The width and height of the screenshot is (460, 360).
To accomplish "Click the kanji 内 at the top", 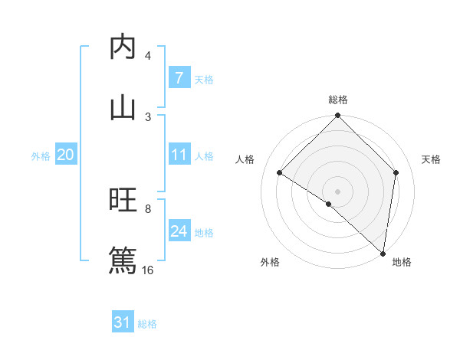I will (123, 47).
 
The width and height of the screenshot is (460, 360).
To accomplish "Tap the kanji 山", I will (123, 107).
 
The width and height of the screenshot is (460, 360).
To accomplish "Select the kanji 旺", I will (123, 201).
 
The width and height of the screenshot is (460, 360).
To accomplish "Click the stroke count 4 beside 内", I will (148, 56).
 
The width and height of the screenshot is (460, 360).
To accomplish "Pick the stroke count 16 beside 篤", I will (148, 270).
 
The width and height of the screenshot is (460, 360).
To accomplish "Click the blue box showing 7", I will (179, 77).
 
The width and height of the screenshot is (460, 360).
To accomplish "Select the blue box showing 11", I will (179, 155).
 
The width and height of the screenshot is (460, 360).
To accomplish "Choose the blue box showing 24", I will (179, 231).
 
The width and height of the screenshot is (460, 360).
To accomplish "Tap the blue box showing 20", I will (66, 155).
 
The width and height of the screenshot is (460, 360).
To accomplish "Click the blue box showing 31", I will (123, 322).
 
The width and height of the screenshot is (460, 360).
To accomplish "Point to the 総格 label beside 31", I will (147, 324).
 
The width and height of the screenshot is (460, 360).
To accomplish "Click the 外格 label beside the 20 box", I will (41, 155).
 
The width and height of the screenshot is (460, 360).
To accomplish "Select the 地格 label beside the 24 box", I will (204, 232).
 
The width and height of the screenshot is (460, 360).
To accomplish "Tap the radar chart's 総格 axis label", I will (338, 100).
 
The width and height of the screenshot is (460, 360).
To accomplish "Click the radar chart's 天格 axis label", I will (432, 159).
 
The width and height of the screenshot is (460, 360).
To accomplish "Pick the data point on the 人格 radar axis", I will (280, 173).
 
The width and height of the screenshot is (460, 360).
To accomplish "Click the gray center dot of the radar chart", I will (338, 191).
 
